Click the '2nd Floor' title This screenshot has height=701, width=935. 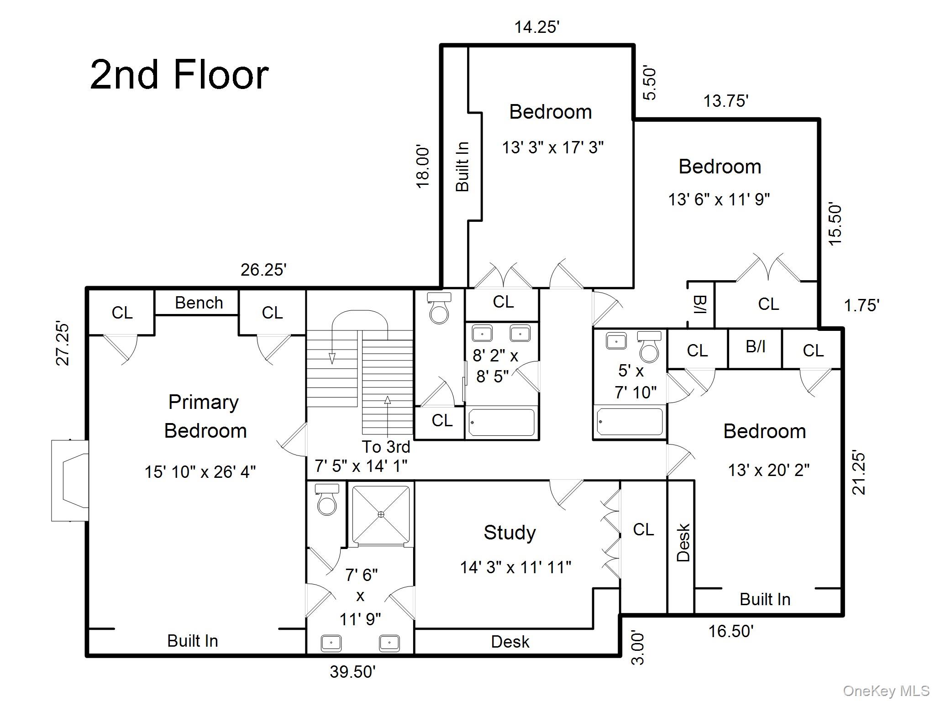[x=179, y=75]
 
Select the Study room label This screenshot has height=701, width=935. [x=510, y=533]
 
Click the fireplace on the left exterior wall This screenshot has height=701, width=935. [x=70, y=480]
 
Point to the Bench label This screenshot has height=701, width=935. [x=199, y=303]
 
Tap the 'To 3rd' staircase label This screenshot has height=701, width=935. [x=386, y=446]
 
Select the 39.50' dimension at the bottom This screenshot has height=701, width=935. [x=352, y=672]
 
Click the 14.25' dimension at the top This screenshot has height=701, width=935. [x=537, y=27]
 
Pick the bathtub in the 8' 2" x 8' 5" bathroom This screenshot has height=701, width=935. [x=501, y=422]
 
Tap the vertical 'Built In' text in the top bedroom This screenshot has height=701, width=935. [x=462, y=166]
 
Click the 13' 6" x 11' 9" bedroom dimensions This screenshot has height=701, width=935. [x=719, y=199]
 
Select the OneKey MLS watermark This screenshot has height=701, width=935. [x=886, y=691]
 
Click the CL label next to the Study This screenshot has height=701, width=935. [x=643, y=529]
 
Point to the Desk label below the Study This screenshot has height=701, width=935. [x=510, y=642]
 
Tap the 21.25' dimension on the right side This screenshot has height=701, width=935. [x=858, y=473]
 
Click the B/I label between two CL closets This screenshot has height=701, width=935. [x=755, y=347]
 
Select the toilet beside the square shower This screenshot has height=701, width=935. [x=327, y=500]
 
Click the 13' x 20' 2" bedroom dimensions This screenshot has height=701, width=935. [x=768, y=470]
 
